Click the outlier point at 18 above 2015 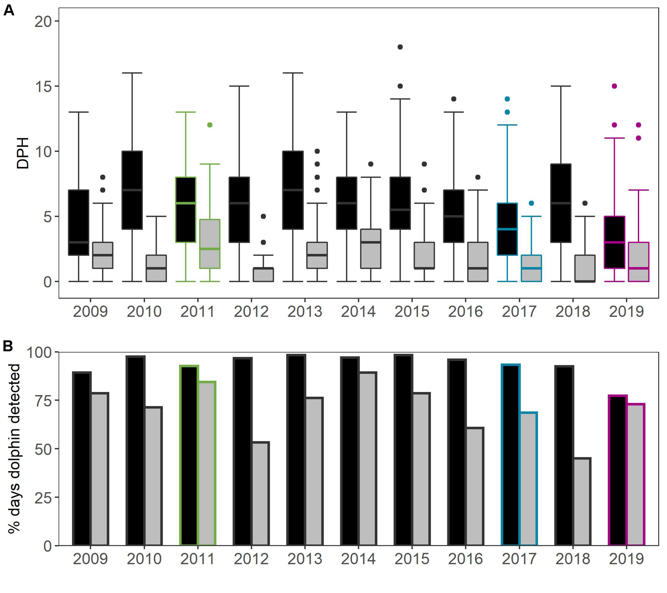tap(400, 47)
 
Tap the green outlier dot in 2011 tap(210, 125)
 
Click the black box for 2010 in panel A tap(132, 190)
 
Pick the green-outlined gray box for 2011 tap(210, 244)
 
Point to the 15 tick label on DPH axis tap(44, 86)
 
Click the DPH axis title tap(23, 153)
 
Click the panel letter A tap(9, 10)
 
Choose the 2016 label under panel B tap(465, 559)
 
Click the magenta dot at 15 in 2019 tap(614, 86)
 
